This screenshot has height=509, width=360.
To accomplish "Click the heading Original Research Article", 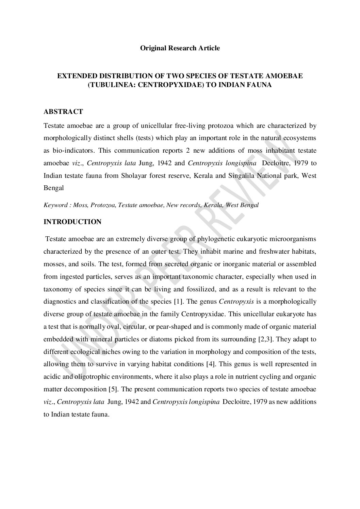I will [180, 48].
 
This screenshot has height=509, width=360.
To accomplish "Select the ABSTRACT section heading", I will [63, 112].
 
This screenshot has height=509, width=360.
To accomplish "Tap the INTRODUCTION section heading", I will [72, 222].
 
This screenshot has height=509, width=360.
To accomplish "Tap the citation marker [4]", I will [210, 364].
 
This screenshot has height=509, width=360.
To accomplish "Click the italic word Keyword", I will [55, 205].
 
